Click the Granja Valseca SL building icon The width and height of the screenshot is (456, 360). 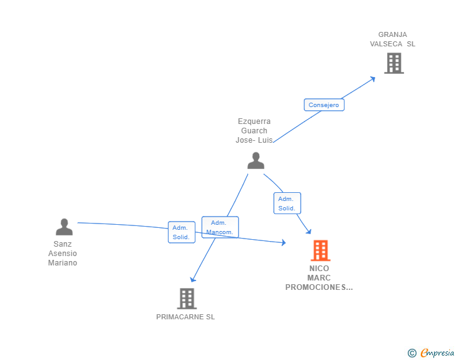point(393,63)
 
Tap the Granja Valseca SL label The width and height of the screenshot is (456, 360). point(393,39)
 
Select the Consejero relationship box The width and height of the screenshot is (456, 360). point(324,105)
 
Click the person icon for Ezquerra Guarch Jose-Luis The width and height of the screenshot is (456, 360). point(256,161)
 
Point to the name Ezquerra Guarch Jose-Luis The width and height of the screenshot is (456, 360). point(254,131)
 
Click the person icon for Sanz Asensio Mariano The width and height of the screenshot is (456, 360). point(64,227)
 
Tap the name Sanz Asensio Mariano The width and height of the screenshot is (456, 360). point(63,254)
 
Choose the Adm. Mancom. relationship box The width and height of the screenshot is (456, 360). point(220,227)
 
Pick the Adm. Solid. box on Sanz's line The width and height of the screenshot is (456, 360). point(181,232)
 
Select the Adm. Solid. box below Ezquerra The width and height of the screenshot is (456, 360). point(287,203)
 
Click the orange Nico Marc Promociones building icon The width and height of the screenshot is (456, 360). point(320,250)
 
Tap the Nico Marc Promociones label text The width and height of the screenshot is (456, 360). point(319,278)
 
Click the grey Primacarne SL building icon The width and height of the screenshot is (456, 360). point(187,299)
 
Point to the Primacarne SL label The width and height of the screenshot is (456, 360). point(185,317)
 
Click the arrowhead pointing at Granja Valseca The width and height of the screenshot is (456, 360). point(373,78)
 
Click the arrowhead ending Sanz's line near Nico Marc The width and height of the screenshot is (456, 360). point(283,242)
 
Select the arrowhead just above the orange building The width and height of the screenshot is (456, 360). point(308,232)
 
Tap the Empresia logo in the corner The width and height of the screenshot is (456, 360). point(437,353)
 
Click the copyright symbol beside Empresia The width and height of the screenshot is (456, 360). point(412,353)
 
